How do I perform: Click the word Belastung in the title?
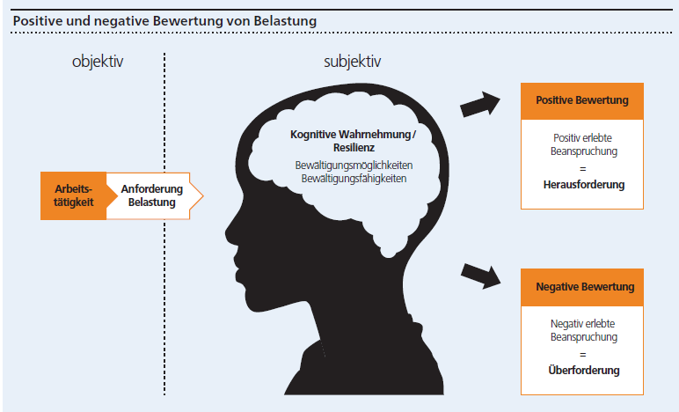pyautogui.click(x=287, y=18)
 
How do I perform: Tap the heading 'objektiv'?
pyautogui.click(x=99, y=63)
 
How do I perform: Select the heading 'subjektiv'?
pyautogui.click(x=353, y=63)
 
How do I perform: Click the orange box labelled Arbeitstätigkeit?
pyautogui.click(x=74, y=195)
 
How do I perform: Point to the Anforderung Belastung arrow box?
pyautogui.click(x=151, y=195)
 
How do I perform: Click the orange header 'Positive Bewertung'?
pyautogui.click(x=581, y=100)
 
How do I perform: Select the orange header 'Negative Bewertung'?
pyautogui.click(x=581, y=287)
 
